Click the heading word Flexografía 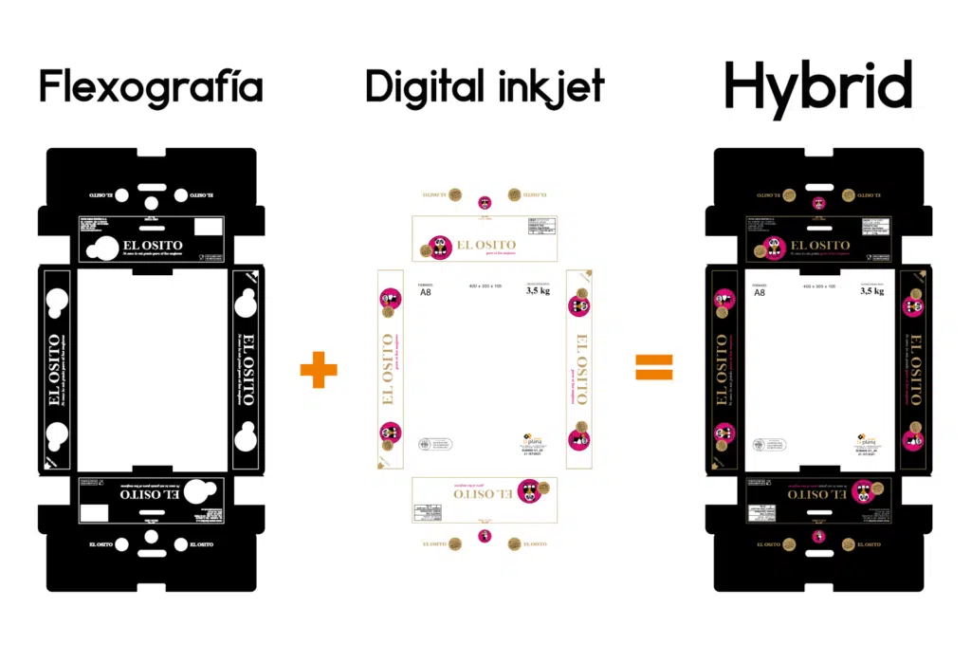pyautogui.click(x=151, y=87)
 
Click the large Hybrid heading pyautogui.click(x=817, y=88)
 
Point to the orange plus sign pyautogui.click(x=319, y=368)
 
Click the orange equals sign pyautogui.click(x=654, y=368)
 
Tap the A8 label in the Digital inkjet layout pyautogui.click(x=426, y=292)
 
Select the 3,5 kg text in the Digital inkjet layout pyautogui.click(x=539, y=292)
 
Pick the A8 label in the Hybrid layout pyautogui.click(x=759, y=292)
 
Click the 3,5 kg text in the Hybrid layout pyautogui.click(x=871, y=292)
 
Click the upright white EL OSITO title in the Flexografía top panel pyautogui.click(x=153, y=246)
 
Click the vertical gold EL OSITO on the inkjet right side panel pyautogui.click(x=579, y=370)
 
